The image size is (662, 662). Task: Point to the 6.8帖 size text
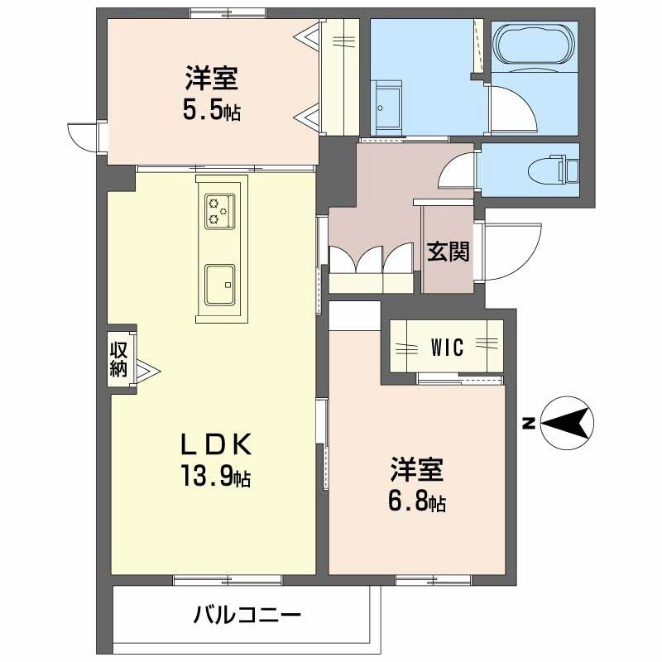pos(418,501)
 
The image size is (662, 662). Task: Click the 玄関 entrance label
pos(448,252)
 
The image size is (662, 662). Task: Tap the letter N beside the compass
pos(527,424)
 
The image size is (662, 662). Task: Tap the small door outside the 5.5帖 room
pos(84,137)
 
